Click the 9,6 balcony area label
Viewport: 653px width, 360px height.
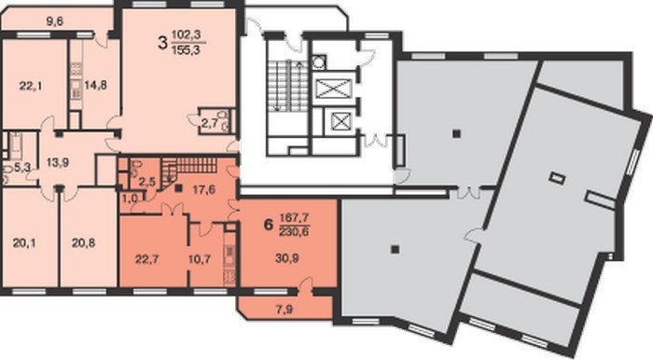click(x=54, y=21)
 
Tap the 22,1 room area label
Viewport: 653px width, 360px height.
click(x=31, y=86)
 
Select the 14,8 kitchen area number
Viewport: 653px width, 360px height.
click(x=95, y=85)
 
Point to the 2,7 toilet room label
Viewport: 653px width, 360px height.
click(x=210, y=123)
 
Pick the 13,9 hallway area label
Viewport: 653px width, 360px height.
click(x=58, y=162)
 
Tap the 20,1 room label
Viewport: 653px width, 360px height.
click(x=24, y=242)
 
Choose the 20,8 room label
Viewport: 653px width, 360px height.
click(x=83, y=242)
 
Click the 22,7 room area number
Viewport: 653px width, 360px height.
click(x=146, y=259)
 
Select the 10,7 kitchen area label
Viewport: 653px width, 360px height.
click(x=200, y=259)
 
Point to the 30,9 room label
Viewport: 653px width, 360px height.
click(x=287, y=258)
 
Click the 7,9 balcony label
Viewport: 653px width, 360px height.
click(x=284, y=310)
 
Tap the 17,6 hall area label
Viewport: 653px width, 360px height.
click(x=203, y=189)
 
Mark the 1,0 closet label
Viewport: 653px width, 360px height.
click(x=131, y=198)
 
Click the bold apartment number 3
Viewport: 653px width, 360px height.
click(x=162, y=43)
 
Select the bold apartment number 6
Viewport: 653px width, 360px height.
click(x=269, y=225)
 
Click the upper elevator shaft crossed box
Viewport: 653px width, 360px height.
click(x=334, y=89)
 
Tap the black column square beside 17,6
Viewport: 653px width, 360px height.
click(x=179, y=188)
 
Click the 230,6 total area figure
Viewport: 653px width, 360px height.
click(x=294, y=232)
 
